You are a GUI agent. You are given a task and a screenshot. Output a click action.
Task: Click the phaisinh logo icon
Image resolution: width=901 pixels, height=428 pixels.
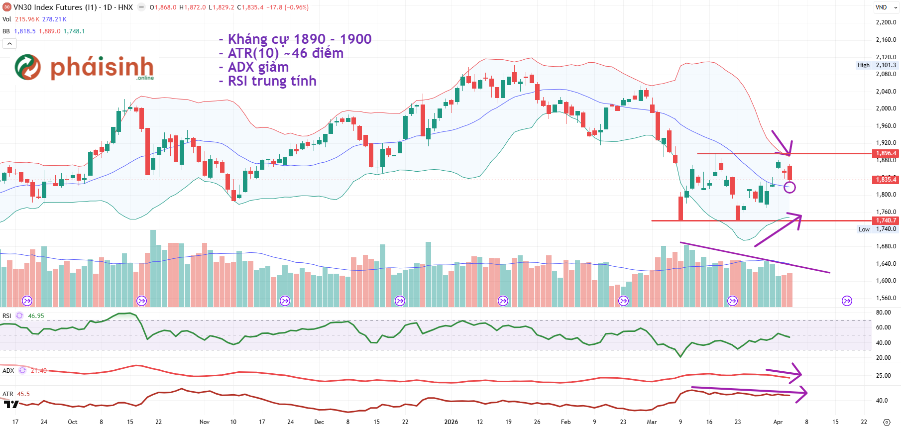tap(28, 67)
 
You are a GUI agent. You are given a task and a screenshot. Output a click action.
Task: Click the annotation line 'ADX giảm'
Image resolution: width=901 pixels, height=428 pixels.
tap(258, 67)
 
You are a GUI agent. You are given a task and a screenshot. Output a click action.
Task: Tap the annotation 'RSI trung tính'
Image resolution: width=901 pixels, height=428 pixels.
tap(272, 81)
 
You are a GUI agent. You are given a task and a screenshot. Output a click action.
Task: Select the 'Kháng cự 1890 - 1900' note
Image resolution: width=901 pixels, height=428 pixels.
tap(299, 39)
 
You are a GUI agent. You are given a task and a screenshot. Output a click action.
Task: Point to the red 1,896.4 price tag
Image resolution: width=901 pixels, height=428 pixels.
tap(886, 153)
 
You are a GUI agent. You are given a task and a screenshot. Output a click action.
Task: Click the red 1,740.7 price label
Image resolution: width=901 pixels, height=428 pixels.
tap(886, 220)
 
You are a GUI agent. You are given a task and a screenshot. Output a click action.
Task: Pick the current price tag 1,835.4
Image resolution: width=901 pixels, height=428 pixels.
tap(886, 180)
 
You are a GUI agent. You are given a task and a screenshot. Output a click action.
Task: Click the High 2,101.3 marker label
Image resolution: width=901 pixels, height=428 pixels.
tap(877, 65)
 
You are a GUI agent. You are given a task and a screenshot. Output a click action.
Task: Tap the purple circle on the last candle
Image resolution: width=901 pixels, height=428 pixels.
tap(789, 188)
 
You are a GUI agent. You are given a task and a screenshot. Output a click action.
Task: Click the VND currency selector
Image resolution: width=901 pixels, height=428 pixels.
tap(886, 7)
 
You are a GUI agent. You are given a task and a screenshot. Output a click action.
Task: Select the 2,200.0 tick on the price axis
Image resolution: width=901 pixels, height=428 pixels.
tap(886, 22)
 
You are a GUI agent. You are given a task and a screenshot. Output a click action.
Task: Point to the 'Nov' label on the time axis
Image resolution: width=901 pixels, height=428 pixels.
tap(205, 422)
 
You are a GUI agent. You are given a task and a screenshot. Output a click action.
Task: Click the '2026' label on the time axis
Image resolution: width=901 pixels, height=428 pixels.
tap(451, 422)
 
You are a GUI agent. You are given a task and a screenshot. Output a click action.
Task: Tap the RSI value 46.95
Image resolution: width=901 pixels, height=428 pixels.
tap(36, 316)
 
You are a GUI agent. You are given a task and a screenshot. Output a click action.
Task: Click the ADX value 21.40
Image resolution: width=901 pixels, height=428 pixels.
tap(39, 371)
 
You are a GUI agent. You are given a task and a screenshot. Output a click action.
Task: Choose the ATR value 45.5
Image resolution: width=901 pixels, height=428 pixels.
tap(23, 394)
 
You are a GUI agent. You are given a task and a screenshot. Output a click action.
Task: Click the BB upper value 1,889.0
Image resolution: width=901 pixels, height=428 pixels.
tap(50, 31)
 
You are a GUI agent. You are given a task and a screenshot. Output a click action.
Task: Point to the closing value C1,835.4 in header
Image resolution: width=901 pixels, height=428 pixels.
tap(250, 7)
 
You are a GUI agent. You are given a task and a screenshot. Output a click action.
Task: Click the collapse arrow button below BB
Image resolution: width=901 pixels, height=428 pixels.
tap(9, 44)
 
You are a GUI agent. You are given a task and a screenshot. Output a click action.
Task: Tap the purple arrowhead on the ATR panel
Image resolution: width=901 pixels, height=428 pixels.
tap(803, 393)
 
